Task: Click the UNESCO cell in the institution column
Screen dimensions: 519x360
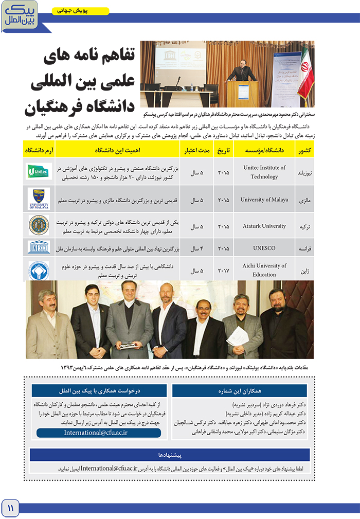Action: point(264,248)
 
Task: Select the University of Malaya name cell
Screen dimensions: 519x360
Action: point(264,200)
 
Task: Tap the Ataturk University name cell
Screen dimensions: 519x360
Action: point(264,226)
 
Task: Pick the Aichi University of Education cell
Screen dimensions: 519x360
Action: point(264,270)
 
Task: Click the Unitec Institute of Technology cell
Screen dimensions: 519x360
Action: point(264,172)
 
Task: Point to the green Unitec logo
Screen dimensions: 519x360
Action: point(39,171)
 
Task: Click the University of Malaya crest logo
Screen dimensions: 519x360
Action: point(39,199)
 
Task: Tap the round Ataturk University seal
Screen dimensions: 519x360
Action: point(39,225)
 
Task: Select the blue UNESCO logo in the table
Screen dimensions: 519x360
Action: point(39,247)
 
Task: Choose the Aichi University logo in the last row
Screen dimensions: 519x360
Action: point(39,270)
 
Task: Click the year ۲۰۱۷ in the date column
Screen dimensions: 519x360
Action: point(224,271)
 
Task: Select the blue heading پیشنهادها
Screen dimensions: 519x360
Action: point(170,455)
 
